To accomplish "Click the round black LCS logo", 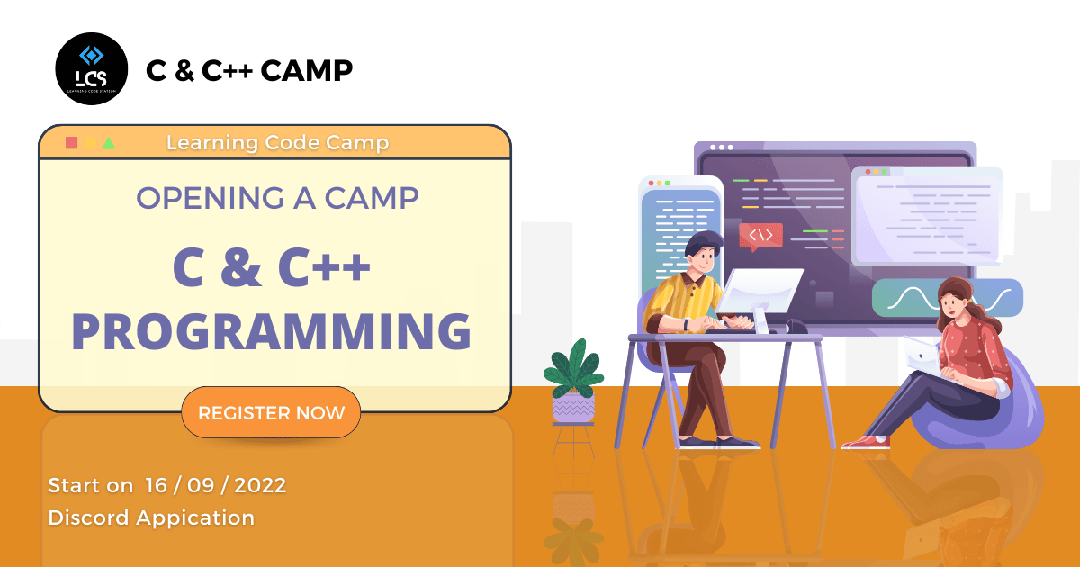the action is [x=92, y=69].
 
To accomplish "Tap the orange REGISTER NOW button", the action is [x=271, y=413].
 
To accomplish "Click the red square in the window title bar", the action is [x=71, y=143].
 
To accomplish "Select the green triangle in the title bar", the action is [x=109, y=143].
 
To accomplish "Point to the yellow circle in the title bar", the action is [x=91, y=143].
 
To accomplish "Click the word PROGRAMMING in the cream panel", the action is [x=272, y=331].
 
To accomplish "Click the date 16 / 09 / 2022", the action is [x=215, y=485].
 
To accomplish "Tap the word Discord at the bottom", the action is [x=89, y=517].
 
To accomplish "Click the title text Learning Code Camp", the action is [x=278, y=143].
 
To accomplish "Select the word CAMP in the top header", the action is [x=307, y=70].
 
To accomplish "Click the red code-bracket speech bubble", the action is [x=760, y=236].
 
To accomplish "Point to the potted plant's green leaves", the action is [x=574, y=368].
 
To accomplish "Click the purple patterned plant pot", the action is [x=573, y=408].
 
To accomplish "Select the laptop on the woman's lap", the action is [x=922, y=357].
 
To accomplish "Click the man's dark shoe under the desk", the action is [x=738, y=442].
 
